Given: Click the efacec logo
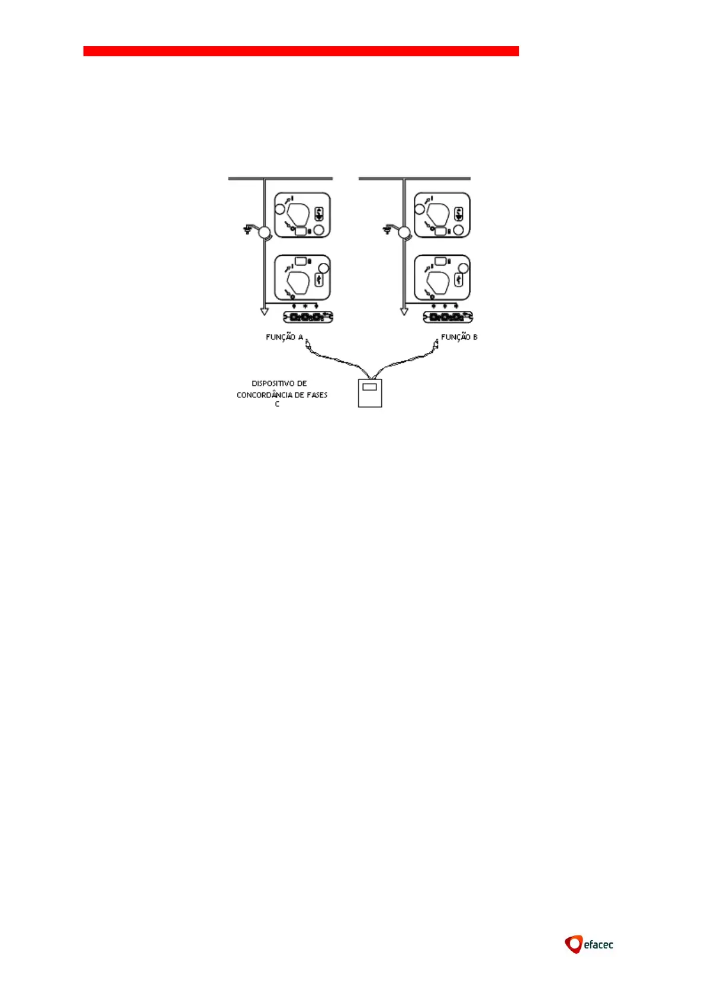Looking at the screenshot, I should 589,944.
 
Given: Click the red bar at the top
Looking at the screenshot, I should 301,51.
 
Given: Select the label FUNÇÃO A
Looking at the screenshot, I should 284,337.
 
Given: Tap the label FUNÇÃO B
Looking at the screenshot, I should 459,337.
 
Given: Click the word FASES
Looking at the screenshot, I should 317,395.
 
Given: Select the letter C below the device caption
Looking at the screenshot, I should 277,404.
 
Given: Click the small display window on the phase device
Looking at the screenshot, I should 370,387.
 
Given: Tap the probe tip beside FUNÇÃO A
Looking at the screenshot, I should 308,343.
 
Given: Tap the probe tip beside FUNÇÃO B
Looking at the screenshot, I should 436,342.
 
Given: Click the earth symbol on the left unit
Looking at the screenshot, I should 247,229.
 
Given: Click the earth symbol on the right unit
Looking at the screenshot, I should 388,229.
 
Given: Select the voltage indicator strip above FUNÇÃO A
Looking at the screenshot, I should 308,317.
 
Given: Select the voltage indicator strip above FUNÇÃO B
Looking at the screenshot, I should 448,317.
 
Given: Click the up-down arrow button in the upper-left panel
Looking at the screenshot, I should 320,214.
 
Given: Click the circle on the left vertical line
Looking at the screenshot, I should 264,233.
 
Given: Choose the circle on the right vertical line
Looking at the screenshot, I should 404,233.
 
